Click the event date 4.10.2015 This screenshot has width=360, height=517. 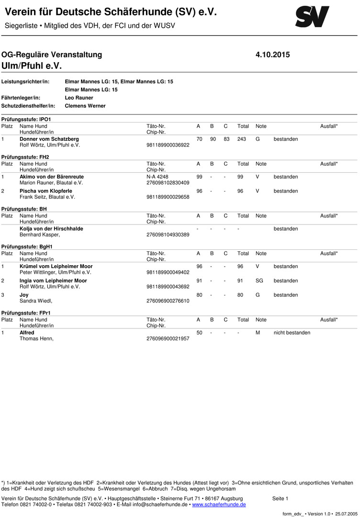[x=273, y=55]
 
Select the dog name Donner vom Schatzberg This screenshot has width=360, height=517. [x=49, y=139]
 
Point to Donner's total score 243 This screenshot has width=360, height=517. [x=243, y=139]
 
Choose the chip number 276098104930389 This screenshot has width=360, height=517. [x=168, y=235]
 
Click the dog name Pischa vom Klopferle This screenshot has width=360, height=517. [x=46, y=191]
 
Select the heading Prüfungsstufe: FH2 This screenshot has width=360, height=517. [x=25, y=157]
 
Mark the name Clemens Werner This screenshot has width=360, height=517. [x=85, y=106]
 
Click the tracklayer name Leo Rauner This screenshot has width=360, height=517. [x=79, y=98]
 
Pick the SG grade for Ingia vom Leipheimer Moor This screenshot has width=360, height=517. [x=259, y=281]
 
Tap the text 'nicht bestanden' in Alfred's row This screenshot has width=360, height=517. [x=292, y=332]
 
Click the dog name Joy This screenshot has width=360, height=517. [x=24, y=295]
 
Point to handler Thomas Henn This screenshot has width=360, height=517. [x=36, y=338]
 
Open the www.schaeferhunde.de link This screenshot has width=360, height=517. [x=219, y=505]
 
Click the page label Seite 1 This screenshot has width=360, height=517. [x=280, y=498]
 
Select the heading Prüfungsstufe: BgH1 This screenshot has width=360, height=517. [x=27, y=247]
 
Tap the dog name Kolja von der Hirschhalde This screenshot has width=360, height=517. [x=51, y=229]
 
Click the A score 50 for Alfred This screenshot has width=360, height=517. [x=199, y=332]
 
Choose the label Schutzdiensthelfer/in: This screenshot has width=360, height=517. [x=29, y=106]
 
